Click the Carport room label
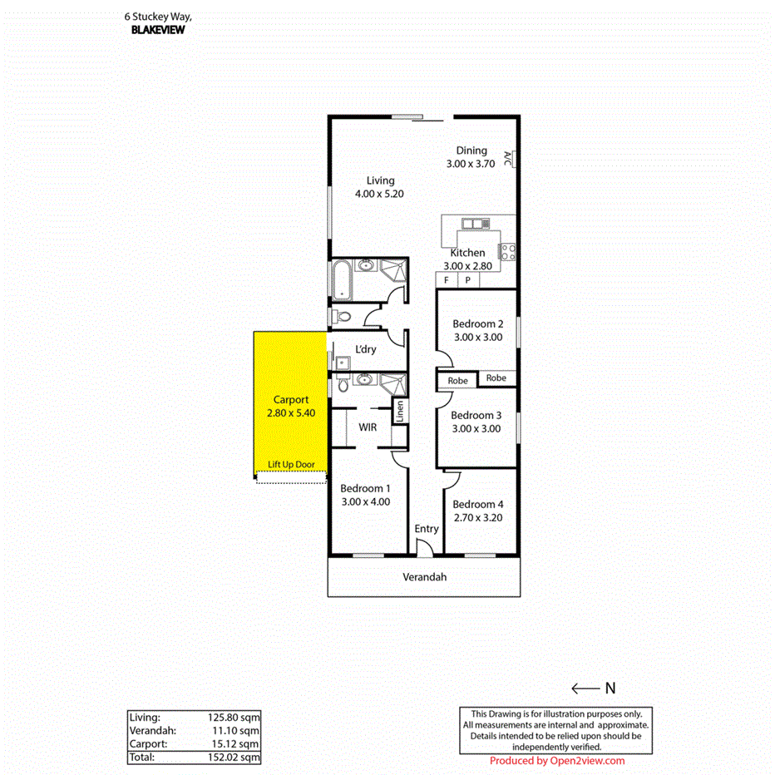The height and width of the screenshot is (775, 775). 290,400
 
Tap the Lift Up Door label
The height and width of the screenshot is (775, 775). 296,465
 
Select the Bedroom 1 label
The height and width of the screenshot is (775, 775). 364,488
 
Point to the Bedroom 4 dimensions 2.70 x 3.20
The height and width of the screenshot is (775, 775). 476,517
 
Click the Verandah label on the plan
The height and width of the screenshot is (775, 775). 424,577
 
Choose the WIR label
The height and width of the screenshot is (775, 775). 368,427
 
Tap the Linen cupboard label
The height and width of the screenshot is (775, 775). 400,412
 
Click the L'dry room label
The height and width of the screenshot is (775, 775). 365,349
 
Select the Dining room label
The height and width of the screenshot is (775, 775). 471,151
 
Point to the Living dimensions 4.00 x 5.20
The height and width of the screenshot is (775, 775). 380,194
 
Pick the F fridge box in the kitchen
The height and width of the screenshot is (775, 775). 447,280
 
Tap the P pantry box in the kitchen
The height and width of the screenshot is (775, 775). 467,280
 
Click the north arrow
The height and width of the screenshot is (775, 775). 585,688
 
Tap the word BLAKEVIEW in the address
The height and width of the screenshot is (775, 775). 158,29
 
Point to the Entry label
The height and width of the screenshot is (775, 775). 426,529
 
